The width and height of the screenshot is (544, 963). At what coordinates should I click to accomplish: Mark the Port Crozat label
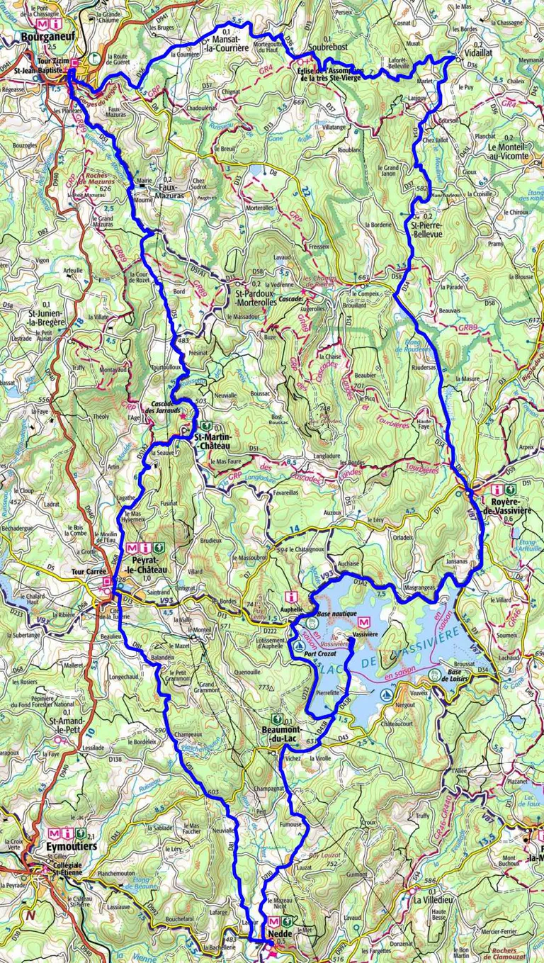(x=320, y=654)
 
